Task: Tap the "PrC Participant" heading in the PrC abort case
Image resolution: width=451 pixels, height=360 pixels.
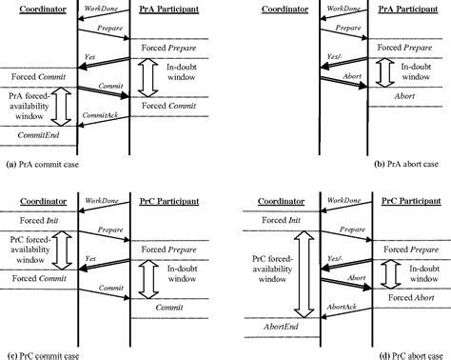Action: click(x=404, y=203)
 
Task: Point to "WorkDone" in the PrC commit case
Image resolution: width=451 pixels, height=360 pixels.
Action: click(x=102, y=202)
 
